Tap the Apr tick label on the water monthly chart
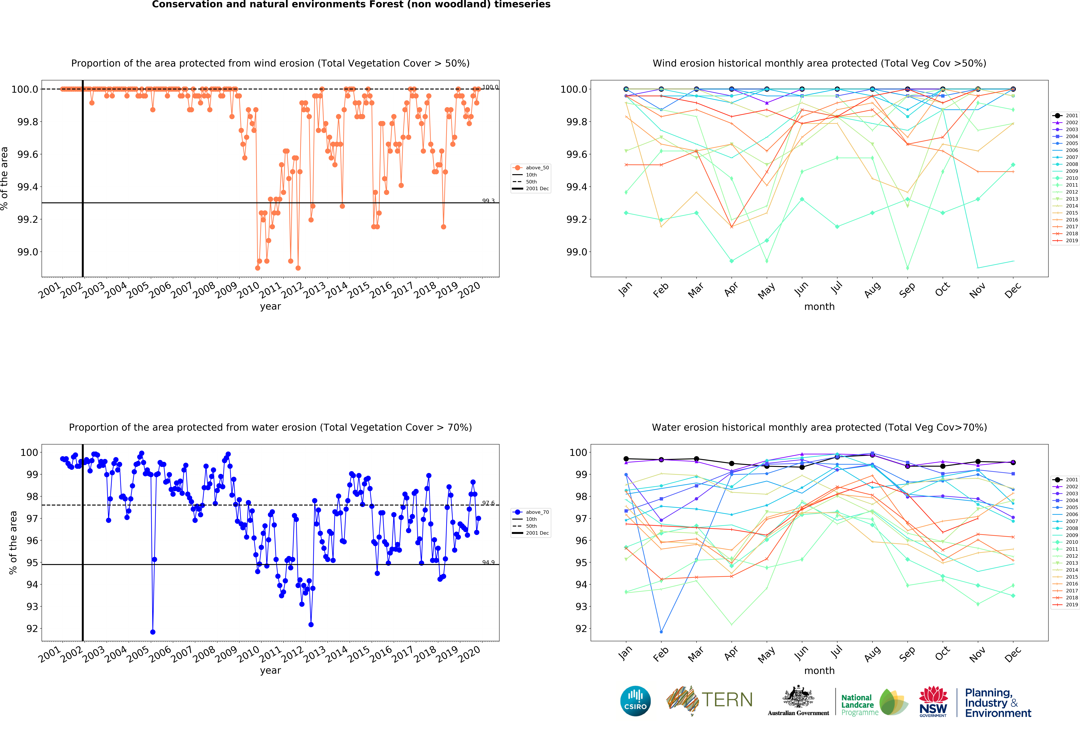point(731,653)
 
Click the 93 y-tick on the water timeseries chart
point(32,606)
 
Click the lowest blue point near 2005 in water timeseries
point(153,632)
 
